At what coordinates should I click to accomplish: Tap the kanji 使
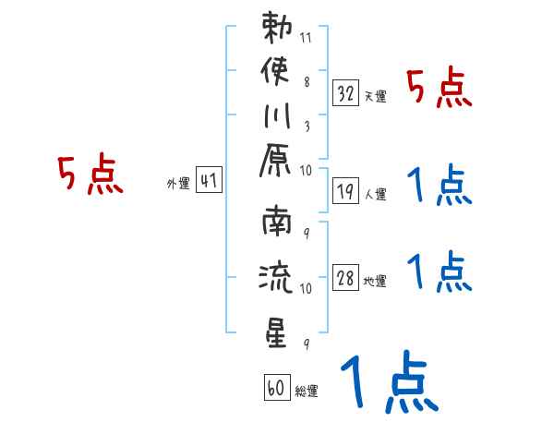275,72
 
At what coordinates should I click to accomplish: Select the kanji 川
277,116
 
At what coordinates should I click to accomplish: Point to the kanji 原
275,161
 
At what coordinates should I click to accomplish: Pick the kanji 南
277,222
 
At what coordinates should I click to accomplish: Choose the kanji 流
276,277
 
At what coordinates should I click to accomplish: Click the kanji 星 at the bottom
276,332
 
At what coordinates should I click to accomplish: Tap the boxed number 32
345,93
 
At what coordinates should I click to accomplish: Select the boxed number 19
345,191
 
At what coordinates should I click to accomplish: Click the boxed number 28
345,277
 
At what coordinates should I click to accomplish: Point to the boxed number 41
209,180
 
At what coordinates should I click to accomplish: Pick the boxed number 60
277,387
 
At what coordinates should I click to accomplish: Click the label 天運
375,96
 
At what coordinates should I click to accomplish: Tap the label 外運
178,184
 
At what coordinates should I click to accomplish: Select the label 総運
306,391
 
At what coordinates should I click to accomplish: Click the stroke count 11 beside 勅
306,38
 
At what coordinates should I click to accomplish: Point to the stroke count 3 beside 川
307,127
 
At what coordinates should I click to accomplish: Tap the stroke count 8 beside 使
307,82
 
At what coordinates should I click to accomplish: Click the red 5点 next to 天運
440,88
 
